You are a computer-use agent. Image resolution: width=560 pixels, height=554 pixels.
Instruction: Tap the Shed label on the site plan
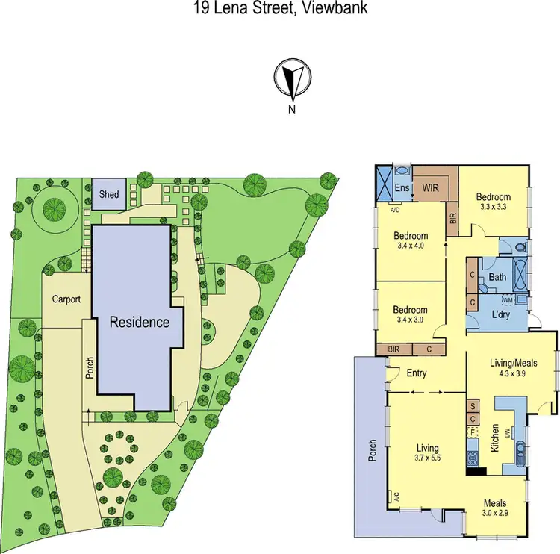[109, 195]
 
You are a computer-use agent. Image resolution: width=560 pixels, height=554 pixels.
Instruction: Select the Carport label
[66, 299]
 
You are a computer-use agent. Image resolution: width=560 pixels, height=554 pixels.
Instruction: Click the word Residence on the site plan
[140, 323]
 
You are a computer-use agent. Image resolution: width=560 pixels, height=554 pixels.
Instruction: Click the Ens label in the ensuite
[401, 188]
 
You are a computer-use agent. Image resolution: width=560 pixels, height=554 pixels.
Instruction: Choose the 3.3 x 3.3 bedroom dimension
[494, 208]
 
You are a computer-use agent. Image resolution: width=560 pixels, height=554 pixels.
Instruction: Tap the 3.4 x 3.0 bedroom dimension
[410, 320]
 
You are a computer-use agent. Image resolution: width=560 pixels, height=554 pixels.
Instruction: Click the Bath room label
[497, 277]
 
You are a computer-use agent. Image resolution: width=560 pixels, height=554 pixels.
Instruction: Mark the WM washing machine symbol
[507, 300]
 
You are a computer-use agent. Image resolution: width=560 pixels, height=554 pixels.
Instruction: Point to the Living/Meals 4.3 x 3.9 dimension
[512, 373]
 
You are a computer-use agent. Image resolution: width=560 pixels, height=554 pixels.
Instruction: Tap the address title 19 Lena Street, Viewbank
[280, 7]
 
